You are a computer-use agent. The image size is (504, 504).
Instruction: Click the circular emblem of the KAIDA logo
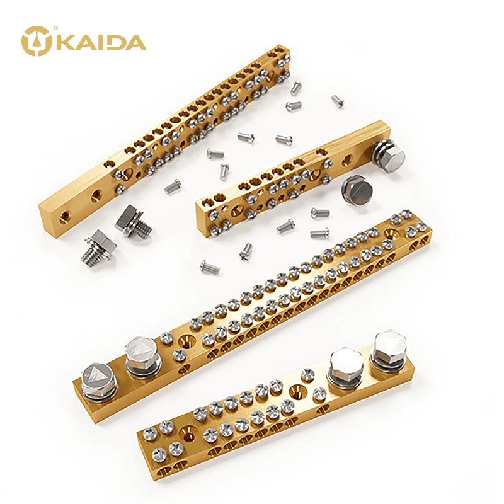click(37, 41)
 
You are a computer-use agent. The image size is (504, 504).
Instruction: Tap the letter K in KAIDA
click(61, 43)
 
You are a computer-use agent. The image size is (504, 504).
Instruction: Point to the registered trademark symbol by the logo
click(56, 28)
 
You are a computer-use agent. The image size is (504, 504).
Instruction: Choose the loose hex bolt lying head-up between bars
click(357, 190)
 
